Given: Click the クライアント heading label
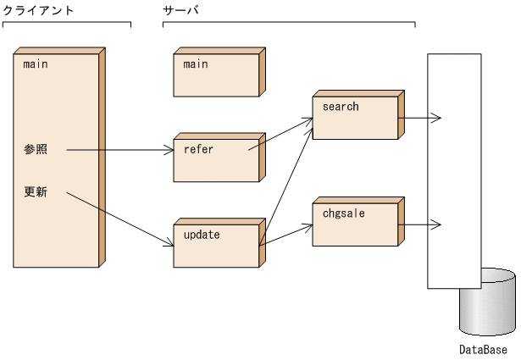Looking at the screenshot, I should coord(38,10).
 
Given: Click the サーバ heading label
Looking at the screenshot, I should coord(180,10).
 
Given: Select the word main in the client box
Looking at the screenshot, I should coord(36,64).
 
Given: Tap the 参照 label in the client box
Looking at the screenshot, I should coord(36,150).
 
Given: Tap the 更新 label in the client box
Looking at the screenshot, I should coord(36,192).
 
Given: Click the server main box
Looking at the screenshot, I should coord(216,76).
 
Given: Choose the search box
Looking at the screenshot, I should coord(354,118).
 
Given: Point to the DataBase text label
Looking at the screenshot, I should coord(483,349).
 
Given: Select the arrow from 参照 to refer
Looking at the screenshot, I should coord(119,151).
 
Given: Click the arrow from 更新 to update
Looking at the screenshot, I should coord(119,219).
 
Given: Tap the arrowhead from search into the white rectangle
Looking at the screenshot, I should coord(435,118).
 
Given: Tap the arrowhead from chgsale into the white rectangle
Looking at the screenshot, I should coord(435,224).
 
